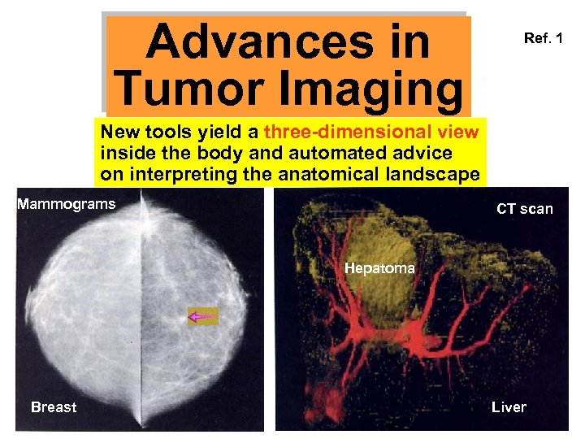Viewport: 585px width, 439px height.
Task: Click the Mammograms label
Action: pyautogui.click(x=67, y=204)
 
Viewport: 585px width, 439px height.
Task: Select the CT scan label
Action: pyautogui.click(x=525, y=209)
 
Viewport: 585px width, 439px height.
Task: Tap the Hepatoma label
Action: pyautogui.click(x=379, y=267)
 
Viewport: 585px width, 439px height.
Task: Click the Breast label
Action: pyautogui.click(x=54, y=407)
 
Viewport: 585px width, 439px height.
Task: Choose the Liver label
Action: pyautogui.click(x=509, y=407)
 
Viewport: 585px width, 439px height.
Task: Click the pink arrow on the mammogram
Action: pyautogui.click(x=203, y=316)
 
